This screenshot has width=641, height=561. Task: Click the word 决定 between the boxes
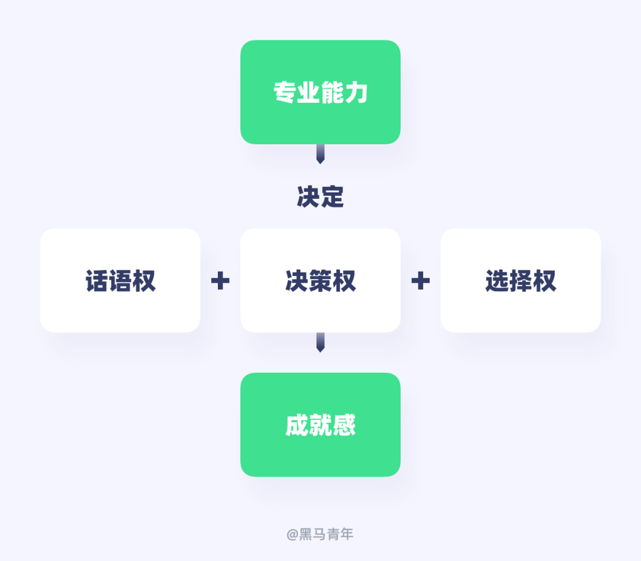320,197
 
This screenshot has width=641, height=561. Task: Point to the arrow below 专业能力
320,154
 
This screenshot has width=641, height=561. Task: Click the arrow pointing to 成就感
320,343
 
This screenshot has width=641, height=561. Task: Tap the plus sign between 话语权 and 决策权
220,281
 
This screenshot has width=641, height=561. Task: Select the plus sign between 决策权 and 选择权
420,281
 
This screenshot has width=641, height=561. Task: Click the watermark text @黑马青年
320,534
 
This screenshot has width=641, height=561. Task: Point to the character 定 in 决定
333,197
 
